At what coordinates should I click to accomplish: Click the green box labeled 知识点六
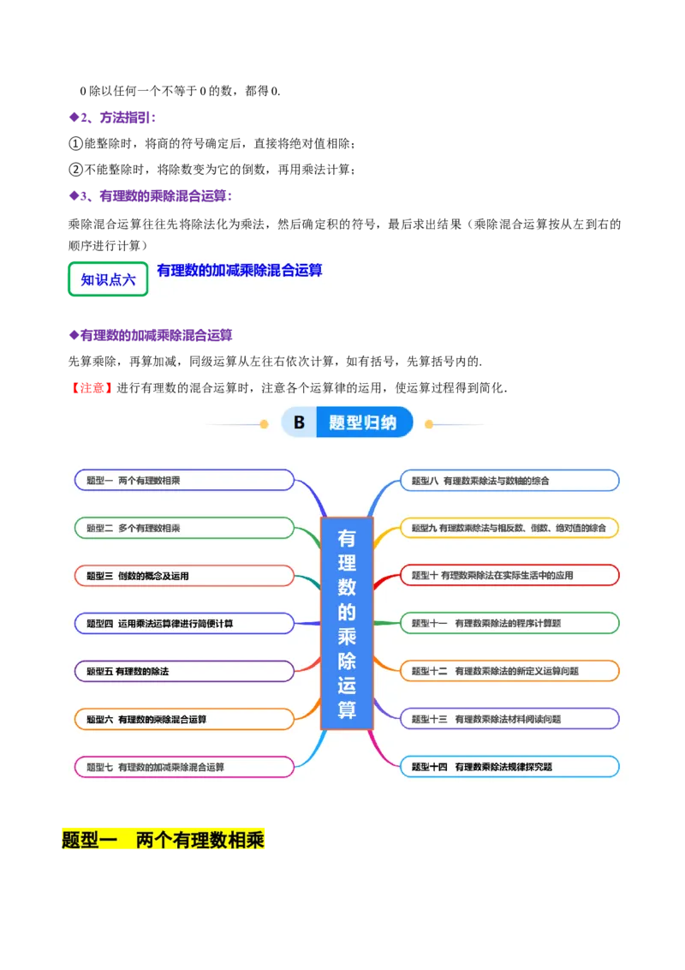(x=108, y=279)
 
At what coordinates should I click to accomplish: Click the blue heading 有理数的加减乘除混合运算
(x=240, y=270)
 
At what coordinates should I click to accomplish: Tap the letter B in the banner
(x=299, y=422)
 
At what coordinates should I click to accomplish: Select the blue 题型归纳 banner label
(x=363, y=422)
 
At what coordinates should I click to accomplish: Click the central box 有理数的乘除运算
(x=347, y=623)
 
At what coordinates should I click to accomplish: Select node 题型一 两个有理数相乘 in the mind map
(x=184, y=481)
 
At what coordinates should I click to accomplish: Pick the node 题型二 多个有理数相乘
(x=184, y=528)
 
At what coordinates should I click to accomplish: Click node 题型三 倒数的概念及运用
(x=184, y=576)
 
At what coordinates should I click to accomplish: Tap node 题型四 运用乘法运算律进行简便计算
(x=184, y=623)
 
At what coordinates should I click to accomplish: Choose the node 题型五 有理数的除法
(x=184, y=671)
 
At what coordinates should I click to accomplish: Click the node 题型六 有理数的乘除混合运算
(x=184, y=719)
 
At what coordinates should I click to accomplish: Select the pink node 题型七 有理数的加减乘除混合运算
(x=184, y=767)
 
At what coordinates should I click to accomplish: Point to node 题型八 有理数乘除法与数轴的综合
(x=509, y=481)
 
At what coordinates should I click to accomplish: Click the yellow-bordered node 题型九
(x=509, y=528)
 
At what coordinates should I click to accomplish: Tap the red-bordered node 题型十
(x=509, y=576)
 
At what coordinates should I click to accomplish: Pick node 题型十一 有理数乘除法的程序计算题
(x=509, y=623)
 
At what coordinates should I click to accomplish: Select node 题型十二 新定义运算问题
(x=509, y=671)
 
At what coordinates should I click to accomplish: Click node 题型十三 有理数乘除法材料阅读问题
(x=509, y=719)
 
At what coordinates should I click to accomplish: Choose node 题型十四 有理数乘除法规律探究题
(x=509, y=767)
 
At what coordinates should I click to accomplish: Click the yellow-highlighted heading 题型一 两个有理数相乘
(x=164, y=839)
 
